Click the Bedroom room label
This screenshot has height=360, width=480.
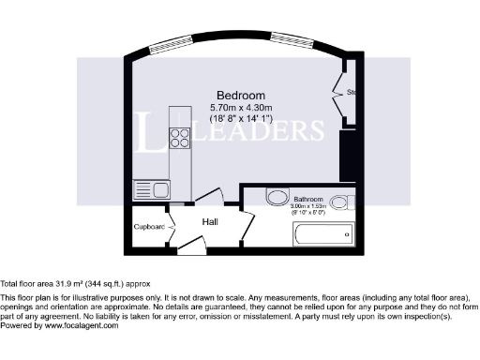(240, 96)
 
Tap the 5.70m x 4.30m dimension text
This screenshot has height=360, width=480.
(240, 108)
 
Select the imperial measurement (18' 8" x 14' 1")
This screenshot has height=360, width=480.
(240, 119)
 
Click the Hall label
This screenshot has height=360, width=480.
(212, 221)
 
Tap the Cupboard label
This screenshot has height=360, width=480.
(149, 227)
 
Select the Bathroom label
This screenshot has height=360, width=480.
(308, 200)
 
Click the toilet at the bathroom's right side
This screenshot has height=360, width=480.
(341, 200)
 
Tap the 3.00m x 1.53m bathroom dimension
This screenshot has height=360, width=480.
(308, 207)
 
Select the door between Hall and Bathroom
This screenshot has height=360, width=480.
(246, 223)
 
